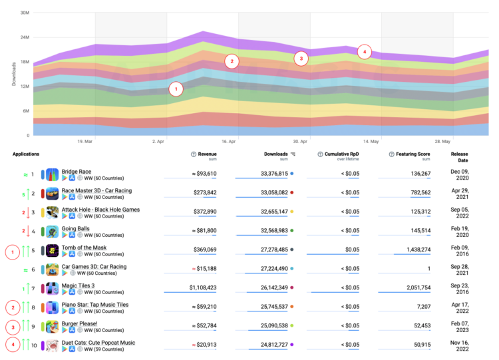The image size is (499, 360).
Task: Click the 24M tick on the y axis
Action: coord(24,37)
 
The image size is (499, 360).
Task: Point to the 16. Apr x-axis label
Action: coord(229,141)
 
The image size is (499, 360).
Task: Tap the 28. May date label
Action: coord(442,141)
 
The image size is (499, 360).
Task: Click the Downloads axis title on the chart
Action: coord(14,74)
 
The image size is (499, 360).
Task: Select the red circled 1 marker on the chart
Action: coord(176,89)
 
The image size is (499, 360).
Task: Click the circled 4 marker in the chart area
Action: coord(364,51)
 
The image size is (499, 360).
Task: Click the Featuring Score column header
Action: coord(413,154)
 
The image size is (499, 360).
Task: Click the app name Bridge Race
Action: coord(77,171)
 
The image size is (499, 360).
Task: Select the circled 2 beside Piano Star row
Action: coord(12,307)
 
